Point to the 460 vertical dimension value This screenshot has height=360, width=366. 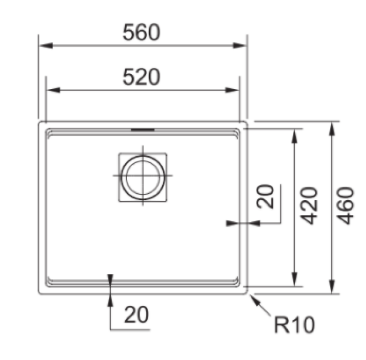[x=347, y=205]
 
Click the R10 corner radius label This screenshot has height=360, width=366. [x=294, y=326]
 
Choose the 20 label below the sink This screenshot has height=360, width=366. [x=136, y=315]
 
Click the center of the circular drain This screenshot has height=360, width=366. [x=143, y=176]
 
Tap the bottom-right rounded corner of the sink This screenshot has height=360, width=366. [x=246, y=290]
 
